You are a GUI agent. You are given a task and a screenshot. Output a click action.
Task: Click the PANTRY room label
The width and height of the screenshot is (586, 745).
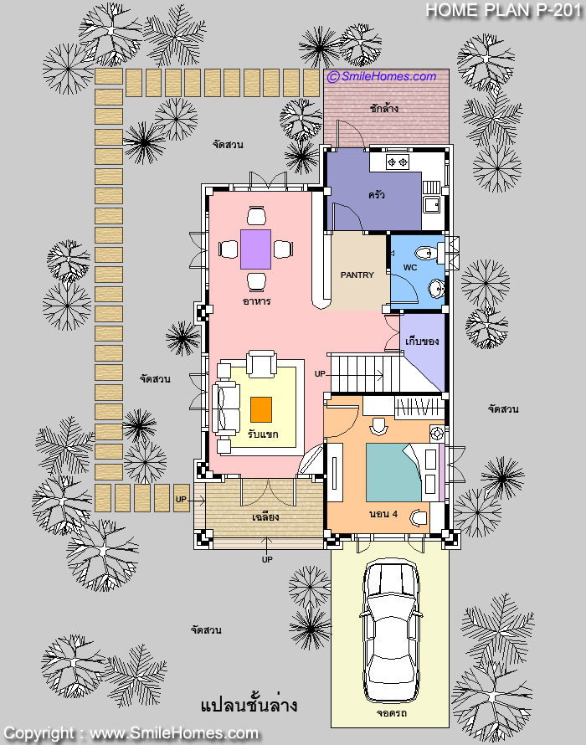click(x=357, y=275)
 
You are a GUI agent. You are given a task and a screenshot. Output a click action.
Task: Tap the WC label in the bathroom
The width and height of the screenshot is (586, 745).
click(x=410, y=268)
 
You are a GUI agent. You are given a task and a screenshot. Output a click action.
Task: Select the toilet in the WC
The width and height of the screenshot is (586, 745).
click(x=426, y=252)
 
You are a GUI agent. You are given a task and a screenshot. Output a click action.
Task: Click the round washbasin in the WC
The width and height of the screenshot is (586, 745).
click(x=436, y=288)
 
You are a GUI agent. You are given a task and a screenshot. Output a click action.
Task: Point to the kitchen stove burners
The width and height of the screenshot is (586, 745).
click(x=398, y=162)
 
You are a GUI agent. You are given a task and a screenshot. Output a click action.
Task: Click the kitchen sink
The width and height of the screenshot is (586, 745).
click(x=433, y=205)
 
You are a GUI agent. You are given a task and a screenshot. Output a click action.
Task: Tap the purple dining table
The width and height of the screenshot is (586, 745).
click(x=255, y=249)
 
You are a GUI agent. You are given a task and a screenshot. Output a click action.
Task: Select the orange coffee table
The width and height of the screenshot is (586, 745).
click(x=261, y=409)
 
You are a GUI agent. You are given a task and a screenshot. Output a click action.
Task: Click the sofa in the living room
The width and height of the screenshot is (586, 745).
click(x=226, y=408)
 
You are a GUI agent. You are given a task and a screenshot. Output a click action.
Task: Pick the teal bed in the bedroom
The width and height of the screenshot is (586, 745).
click(x=393, y=473)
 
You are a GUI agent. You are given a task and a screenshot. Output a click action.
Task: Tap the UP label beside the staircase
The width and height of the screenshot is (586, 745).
click(x=320, y=374)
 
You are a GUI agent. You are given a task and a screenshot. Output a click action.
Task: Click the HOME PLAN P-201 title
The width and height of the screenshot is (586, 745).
click(x=504, y=10)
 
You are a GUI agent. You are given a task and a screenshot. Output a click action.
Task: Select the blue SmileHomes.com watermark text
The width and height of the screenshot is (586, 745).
click(x=382, y=76)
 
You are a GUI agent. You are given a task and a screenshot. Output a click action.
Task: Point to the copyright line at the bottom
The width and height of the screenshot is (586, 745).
click(x=131, y=734)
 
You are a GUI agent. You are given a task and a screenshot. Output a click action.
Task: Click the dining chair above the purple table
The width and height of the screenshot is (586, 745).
click(x=256, y=216)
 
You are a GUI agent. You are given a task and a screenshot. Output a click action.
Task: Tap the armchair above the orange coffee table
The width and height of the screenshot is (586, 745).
click(x=261, y=364)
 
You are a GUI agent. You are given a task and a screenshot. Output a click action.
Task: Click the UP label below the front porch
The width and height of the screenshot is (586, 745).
click(x=267, y=559)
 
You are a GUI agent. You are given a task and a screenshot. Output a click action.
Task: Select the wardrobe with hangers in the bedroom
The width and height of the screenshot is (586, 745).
click(x=419, y=408)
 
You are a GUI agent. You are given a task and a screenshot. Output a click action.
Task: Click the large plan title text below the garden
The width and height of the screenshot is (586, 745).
click(x=249, y=705)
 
